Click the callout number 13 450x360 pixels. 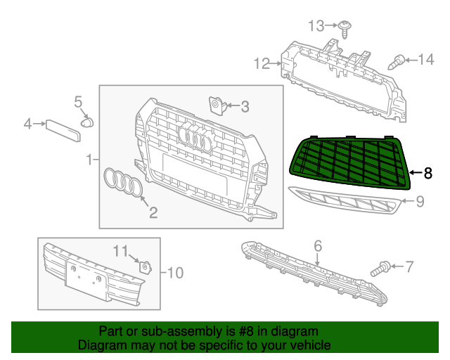click(316, 26)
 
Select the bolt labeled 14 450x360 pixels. click(398, 61)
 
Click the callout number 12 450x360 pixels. click(262, 64)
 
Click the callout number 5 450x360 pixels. click(79, 103)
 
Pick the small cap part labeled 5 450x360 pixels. click(87, 122)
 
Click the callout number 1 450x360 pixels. click(89, 160)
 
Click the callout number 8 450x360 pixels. click(427, 172)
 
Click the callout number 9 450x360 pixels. click(420, 202)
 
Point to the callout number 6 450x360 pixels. click(318, 245)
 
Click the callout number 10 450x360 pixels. click(174, 271)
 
